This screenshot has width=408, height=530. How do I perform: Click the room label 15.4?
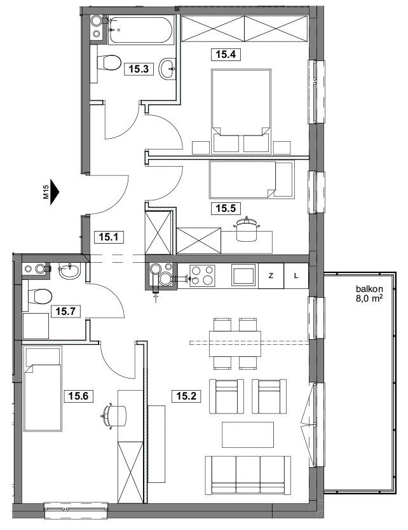(x=226, y=54)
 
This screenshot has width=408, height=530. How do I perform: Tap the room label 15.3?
(x=139, y=69)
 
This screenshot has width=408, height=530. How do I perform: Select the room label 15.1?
(x=109, y=237)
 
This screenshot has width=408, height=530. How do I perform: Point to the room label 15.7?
(x=65, y=310)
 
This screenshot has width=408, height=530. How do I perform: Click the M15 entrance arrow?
(x=54, y=192)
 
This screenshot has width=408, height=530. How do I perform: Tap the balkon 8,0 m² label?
(x=369, y=294)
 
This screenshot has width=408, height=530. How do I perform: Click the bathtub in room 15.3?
(x=141, y=30)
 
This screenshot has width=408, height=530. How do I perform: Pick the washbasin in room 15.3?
(x=168, y=69)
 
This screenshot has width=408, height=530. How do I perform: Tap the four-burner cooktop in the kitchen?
(x=202, y=275)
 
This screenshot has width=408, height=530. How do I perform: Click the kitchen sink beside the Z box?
(x=243, y=275)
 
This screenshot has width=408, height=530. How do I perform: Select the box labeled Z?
(x=271, y=276)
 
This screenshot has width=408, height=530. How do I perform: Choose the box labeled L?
(x=296, y=276)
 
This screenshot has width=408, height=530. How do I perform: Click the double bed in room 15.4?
(x=241, y=111)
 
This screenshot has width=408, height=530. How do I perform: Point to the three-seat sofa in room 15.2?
(x=248, y=475)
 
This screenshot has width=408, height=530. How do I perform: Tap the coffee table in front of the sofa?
(x=248, y=435)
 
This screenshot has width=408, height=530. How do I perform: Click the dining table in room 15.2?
(x=235, y=344)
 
